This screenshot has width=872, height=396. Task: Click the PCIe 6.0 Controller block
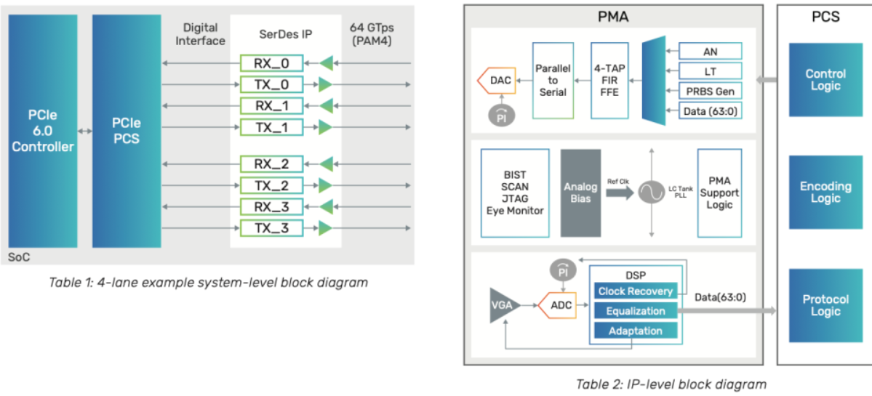[43, 131]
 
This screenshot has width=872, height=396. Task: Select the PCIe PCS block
[127, 131]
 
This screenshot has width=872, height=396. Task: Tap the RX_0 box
[271, 63]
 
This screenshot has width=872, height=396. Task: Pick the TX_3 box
[271, 229]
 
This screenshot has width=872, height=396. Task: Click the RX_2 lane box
[271, 163]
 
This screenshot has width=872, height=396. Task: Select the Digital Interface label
[200, 34]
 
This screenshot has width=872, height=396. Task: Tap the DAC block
[498, 81]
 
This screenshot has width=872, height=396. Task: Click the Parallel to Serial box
[553, 80]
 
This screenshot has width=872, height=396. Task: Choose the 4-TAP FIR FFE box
[608, 80]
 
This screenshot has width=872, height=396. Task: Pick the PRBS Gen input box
[710, 91]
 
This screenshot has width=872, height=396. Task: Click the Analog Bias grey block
[580, 193]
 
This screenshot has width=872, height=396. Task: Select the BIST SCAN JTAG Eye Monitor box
[516, 193]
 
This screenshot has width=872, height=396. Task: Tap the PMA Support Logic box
[719, 193]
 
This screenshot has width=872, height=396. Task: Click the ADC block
[559, 305]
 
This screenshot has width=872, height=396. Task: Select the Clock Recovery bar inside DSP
[636, 291]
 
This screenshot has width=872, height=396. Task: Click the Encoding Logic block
[825, 193]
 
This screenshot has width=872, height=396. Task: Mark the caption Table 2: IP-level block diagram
[671, 384]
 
